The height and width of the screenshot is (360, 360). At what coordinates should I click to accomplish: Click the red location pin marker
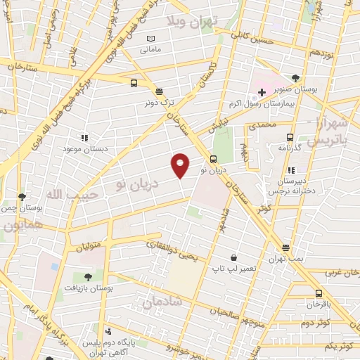(x=181, y=165)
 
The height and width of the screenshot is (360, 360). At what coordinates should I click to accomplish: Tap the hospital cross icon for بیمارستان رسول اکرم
(x=262, y=91)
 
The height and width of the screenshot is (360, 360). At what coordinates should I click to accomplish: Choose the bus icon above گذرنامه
(x=290, y=138)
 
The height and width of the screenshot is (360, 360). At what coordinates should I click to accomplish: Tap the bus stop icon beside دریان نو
(x=214, y=159)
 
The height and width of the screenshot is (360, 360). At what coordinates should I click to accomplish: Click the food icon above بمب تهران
(x=285, y=247)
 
